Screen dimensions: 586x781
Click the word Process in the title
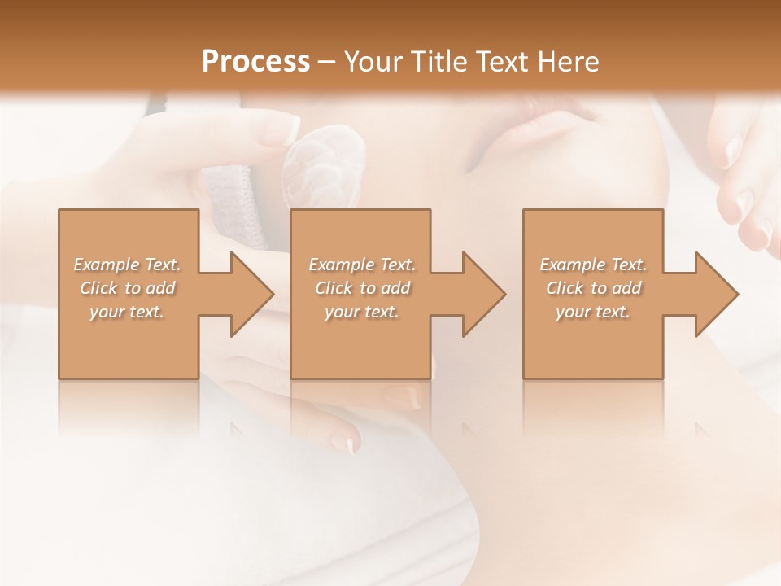pyautogui.click(x=255, y=61)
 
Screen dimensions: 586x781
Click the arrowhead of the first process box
pyautogui.click(x=251, y=294)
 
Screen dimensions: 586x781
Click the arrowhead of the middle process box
pyautogui.click(x=483, y=294)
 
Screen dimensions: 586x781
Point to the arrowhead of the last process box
pyautogui.click(x=716, y=294)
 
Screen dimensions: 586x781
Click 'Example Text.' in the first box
pyautogui.click(x=127, y=265)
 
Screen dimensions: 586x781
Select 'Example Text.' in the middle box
pyautogui.click(x=362, y=265)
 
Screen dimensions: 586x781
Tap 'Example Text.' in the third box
pyautogui.click(x=593, y=265)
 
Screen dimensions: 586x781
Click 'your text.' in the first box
pyautogui.click(x=127, y=312)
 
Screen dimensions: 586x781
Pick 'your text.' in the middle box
pyautogui.click(x=362, y=312)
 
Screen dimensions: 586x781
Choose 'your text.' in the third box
pyautogui.click(x=593, y=312)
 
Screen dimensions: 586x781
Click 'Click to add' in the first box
pyautogui.click(x=127, y=288)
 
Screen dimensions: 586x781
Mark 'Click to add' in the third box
pyautogui.click(x=593, y=288)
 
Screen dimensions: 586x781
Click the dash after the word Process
pyautogui.click(x=327, y=62)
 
